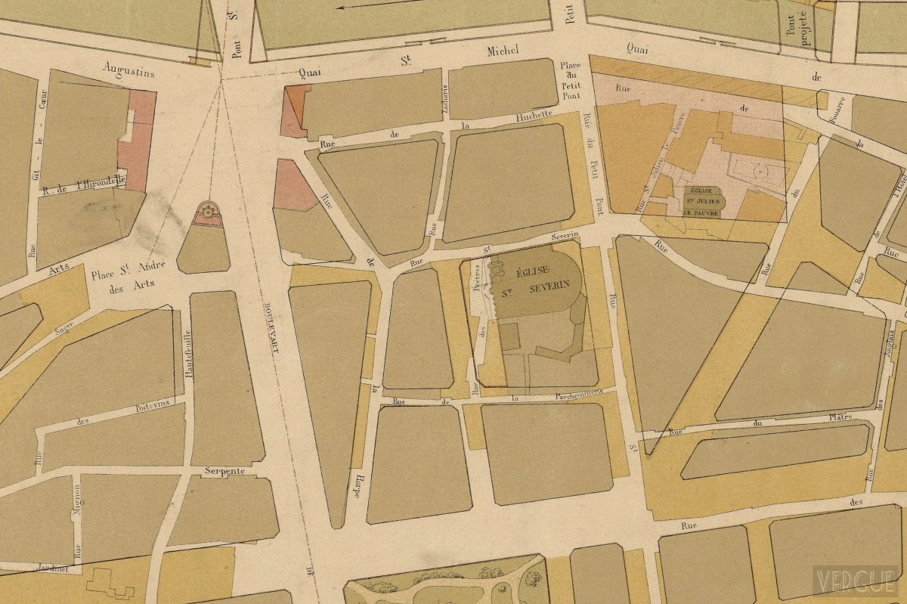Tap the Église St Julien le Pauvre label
[703, 202]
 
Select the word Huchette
[534, 117]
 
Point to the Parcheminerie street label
[556, 393]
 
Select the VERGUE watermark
[855, 581]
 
